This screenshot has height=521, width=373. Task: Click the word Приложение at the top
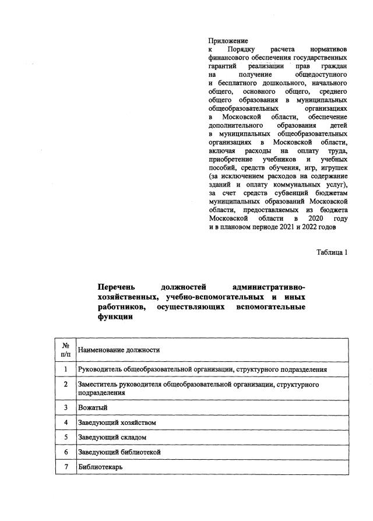tap(228, 41)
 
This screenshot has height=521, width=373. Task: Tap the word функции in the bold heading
tap(116, 318)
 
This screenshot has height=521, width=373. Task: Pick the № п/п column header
tap(66, 350)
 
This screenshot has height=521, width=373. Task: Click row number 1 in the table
tap(66, 369)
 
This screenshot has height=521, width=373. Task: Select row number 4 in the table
tap(66, 422)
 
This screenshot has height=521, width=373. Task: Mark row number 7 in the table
tap(66, 467)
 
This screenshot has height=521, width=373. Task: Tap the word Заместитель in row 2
tap(98, 385)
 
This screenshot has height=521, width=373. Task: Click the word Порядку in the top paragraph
tap(241, 50)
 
